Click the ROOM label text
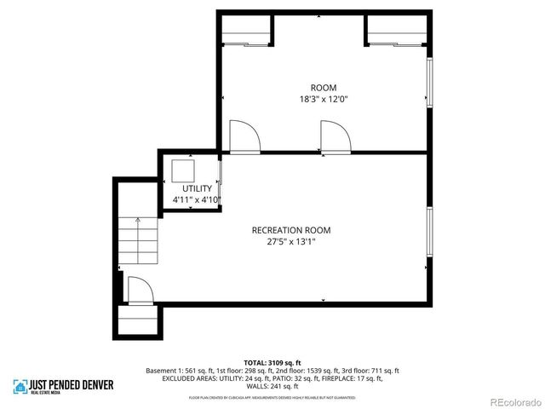(x=323, y=88)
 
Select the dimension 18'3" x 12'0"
(x=323, y=100)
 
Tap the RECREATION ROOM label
(x=290, y=230)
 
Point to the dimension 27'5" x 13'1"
(x=290, y=242)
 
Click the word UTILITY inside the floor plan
(x=197, y=188)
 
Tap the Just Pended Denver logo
(x=63, y=387)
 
